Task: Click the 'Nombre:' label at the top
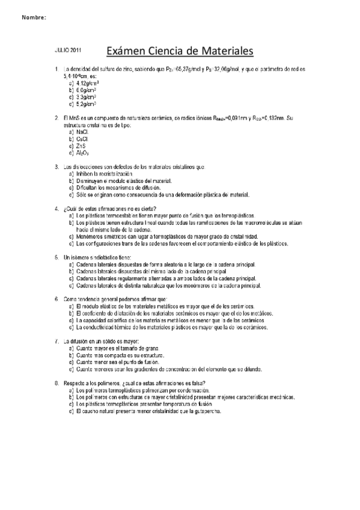tap(34, 17)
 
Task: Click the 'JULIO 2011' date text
tap(68, 51)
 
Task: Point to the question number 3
tap(56, 167)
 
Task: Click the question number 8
tap(56, 384)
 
